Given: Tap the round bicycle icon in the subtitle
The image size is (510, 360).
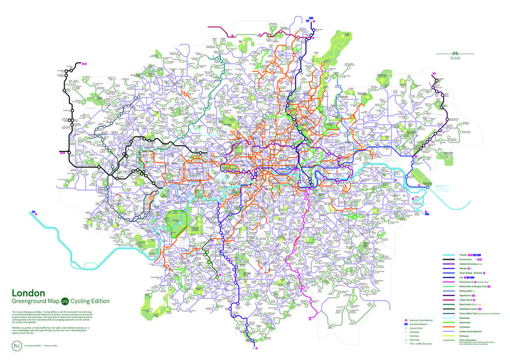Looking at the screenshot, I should coord(65,301).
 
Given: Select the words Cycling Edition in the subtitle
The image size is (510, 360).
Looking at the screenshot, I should coord(90,301).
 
